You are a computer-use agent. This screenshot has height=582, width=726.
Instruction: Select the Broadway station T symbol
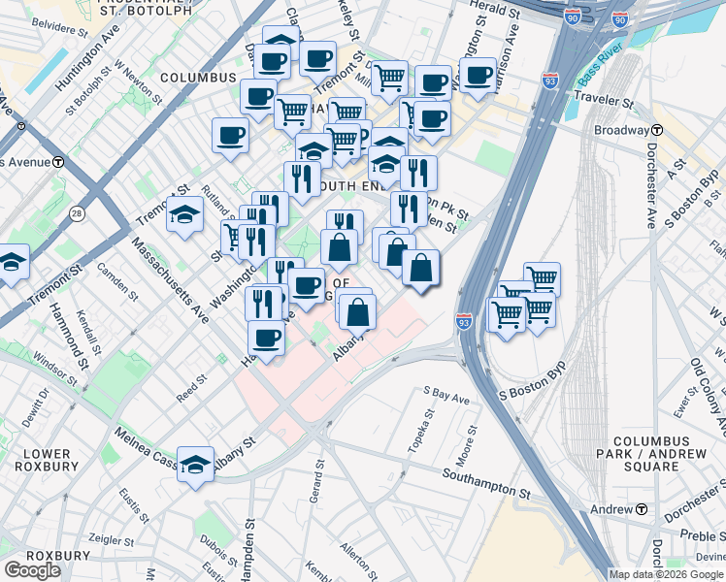point(657,130)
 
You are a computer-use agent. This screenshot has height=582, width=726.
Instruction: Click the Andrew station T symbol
point(642,509)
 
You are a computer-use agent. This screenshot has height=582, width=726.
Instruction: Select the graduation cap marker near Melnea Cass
point(196,466)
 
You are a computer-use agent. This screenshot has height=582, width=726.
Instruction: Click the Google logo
point(32,570)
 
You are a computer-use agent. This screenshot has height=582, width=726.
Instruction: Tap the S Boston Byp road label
point(531,394)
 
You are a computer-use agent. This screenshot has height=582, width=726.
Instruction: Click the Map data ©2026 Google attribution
point(667,574)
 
